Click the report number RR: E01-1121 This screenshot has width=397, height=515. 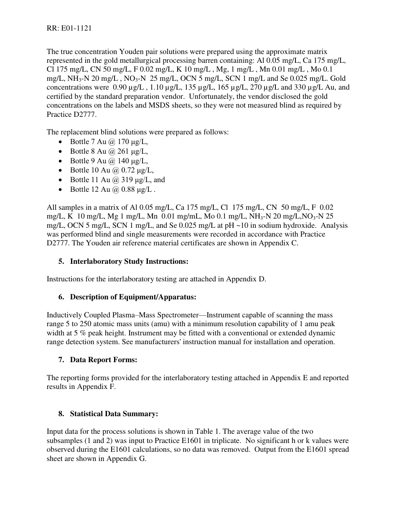[x=69, y=28]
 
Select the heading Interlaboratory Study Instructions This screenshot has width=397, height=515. [x=129, y=262]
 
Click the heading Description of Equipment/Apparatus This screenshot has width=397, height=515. [x=133, y=297]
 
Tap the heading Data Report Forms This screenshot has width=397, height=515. [x=103, y=360]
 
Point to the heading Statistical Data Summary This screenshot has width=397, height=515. [x=114, y=414]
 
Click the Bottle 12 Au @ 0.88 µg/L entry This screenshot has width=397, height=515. [x=112, y=190]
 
